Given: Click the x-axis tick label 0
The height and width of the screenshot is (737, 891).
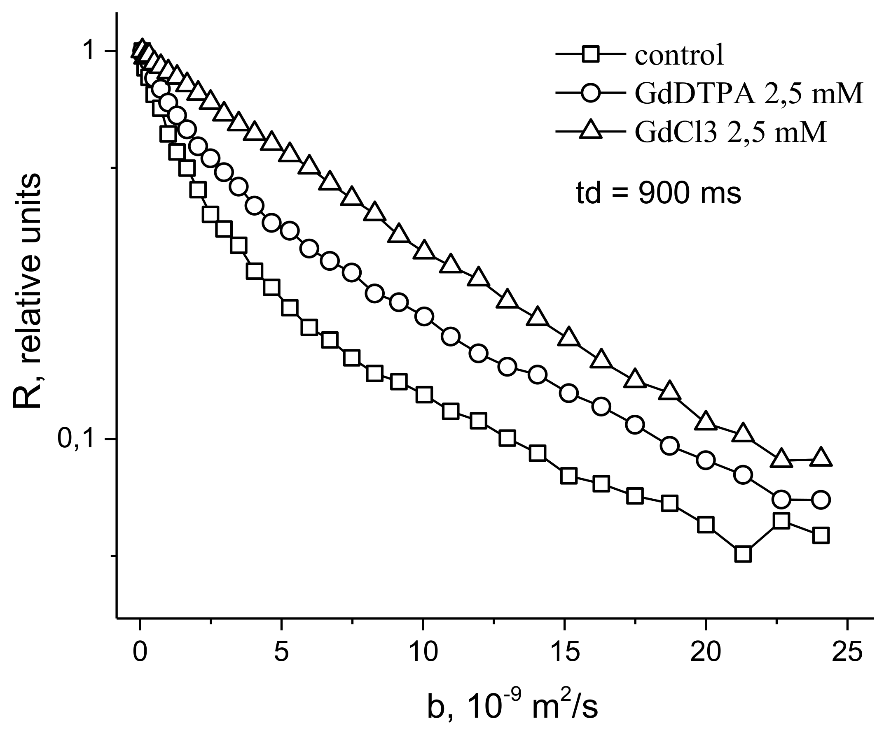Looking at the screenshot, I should pos(140,653).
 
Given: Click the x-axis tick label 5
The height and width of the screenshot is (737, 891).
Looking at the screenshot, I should pos(281,653).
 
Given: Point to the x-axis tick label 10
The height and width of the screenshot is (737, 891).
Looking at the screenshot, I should pos(422,653).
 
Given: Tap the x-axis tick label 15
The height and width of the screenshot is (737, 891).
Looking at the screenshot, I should pos(564,653).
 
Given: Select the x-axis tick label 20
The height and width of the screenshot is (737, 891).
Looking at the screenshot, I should pos(705,653).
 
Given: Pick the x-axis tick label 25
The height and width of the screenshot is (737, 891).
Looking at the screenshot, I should pos(847,653).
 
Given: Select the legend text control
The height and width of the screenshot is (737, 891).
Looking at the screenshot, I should pos(679,55).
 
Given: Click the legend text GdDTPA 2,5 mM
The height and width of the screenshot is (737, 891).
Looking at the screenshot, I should pos(749,94).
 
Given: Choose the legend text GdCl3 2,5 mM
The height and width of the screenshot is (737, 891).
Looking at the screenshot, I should pos(731,132).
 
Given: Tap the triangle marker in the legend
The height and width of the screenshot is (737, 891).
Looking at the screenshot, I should pos(590,130).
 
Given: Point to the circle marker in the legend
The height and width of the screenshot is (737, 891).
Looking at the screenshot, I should pos(590,93).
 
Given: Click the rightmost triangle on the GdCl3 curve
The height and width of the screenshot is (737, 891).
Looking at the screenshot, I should pos(821,458).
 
